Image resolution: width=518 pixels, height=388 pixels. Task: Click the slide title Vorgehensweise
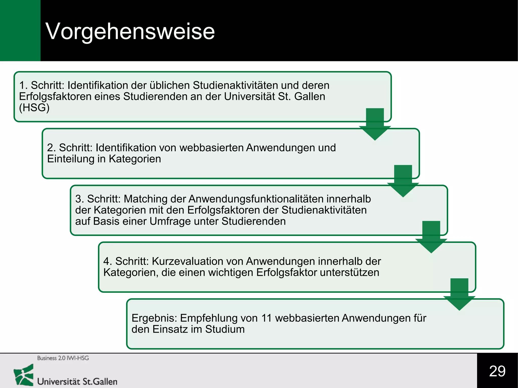click(x=130, y=31)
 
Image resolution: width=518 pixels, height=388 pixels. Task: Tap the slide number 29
click(x=497, y=371)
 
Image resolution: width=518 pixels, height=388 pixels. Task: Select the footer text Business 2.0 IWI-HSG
click(x=63, y=358)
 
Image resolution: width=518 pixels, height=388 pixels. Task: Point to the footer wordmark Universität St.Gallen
click(x=77, y=381)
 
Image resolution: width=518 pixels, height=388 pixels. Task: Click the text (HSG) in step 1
click(x=34, y=108)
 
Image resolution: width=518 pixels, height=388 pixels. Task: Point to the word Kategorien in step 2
click(x=135, y=159)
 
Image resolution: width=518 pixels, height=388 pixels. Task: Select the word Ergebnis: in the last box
click(x=154, y=318)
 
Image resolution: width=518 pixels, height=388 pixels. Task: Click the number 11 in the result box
click(x=267, y=318)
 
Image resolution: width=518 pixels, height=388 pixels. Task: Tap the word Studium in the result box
click(x=225, y=329)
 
